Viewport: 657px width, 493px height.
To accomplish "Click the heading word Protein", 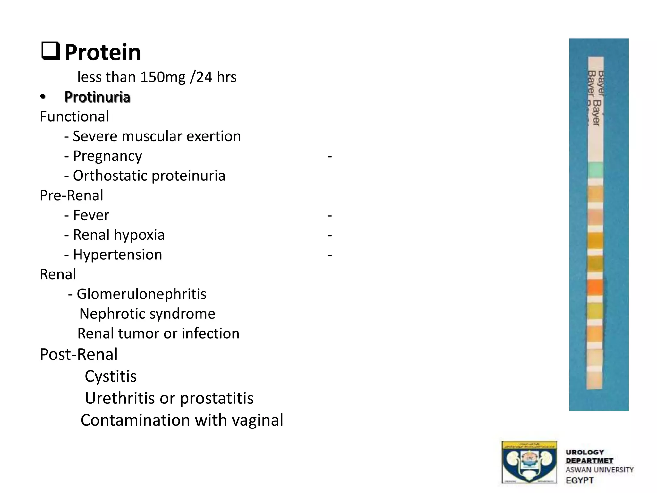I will tap(103, 52).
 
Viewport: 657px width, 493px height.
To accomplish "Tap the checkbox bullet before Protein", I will tap(51, 51).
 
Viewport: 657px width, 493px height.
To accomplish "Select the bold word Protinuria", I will tap(97, 97).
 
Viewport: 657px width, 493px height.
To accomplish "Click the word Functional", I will tap(74, 117).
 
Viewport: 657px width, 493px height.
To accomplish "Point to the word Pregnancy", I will tap(107, 156).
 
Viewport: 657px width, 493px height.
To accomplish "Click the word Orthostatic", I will tap(110, 176).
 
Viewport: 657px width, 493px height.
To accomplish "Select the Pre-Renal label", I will tap(71, 195).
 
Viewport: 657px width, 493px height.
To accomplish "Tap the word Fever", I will tap(91, 215).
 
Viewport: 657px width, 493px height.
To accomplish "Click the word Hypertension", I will tap(117, 255).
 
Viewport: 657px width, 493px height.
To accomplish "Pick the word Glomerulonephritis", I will tap(141, 294).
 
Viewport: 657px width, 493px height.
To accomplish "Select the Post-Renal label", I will tap(79, 354).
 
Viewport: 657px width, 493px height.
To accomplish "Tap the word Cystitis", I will tap(111, 376).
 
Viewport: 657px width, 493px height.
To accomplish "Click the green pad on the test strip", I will tap(595, 170).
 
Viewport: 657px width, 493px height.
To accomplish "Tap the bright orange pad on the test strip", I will tap(595, 287).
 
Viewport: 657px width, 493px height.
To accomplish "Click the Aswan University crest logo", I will tap(529, 462).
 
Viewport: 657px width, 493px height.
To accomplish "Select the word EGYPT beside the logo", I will tap(580, 480).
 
